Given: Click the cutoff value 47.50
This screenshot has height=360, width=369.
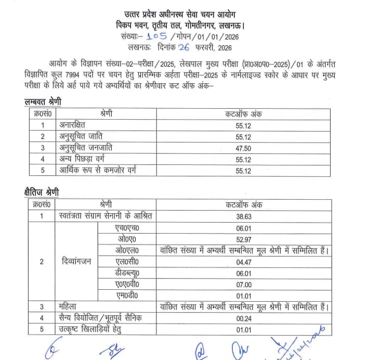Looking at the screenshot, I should pyautogui.click(x=244, y=148).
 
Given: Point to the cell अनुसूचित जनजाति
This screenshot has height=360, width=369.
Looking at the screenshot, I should pyautogui.click(x=85, y=148).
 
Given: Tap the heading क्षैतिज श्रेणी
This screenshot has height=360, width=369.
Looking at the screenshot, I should pyautogui.click(x=42, y=193).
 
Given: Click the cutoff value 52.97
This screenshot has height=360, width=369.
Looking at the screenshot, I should pyautogui.click(x=244, y=239).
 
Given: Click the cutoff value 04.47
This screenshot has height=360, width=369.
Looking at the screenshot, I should pyautogui.click(x=244, y=262).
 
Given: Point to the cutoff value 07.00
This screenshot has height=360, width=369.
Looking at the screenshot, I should pyautogui.click(x=244, y=285).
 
